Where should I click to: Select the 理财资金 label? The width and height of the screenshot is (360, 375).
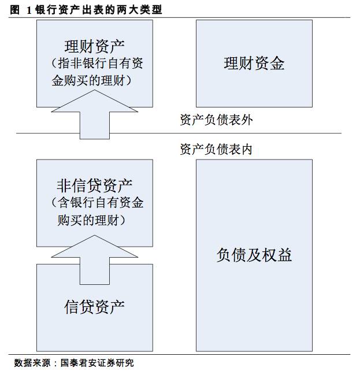point(254,64)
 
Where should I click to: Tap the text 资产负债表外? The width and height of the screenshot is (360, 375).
point(216,120)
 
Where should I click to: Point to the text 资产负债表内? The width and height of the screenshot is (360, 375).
point(216,149)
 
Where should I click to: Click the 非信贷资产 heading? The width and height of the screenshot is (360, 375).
point(95,185)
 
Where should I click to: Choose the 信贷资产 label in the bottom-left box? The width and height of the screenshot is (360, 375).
point(95,306)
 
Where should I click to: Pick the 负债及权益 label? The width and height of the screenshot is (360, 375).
point(254,254)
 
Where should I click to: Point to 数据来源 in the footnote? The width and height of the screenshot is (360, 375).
point(31,363)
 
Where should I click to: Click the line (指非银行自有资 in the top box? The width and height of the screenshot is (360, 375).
point(95,64)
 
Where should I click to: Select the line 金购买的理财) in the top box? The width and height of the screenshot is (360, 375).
point(95,80)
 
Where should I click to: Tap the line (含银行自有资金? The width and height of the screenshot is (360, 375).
point(95,203)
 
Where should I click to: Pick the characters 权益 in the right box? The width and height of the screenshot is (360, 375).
point(280,254)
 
